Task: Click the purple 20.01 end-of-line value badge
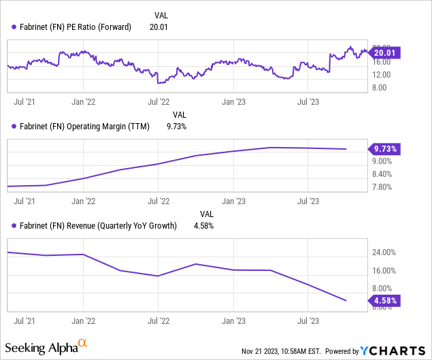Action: click(x=384, y=52)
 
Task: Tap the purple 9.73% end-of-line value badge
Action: click(x=385, y=148)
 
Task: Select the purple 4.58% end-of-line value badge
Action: click(x=385, y=300)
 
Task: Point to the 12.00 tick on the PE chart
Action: click(x=381, y=74)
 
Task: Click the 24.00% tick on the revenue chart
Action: click(x=383, y=252)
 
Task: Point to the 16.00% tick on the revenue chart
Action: click(x=383, y=270)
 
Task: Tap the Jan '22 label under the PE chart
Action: click(x=82, y=102)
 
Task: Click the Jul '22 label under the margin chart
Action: click(x=159, y=201)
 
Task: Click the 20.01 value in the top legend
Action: click(x=159, y=27)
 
